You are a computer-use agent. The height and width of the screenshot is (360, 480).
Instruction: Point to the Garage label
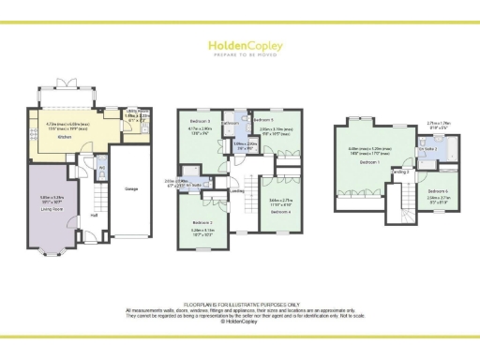click(x=131, y=188)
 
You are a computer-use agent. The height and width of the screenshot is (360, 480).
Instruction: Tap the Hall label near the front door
click(x=94, y=215)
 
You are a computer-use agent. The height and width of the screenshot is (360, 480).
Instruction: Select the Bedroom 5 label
click(x=264, y=121)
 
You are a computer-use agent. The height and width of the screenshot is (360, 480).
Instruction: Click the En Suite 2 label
click(x=427, y=149)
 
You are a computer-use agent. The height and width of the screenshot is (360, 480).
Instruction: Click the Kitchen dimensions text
click(x=67, y=123)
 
